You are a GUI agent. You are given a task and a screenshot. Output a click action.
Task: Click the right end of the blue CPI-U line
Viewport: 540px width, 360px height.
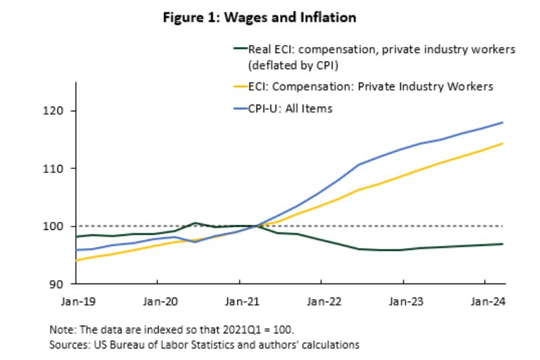click(503, 123)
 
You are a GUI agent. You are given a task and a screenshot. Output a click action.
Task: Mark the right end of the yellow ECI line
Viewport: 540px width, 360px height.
click(503, 143)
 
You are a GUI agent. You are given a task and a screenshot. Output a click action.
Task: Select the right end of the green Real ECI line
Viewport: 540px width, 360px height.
click(503, 244)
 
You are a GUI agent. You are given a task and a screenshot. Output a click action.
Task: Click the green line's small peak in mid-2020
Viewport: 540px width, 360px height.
click(194, 223)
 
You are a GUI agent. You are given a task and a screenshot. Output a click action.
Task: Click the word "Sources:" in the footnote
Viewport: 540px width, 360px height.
click(67, 345)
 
